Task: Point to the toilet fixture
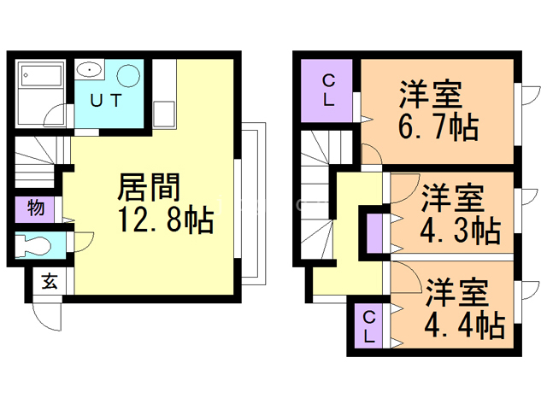[x=39, y=244]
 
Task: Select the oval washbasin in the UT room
[x=89, y=70]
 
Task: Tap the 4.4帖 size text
[x=462, y=324]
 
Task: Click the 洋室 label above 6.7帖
[x=436, y=91]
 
